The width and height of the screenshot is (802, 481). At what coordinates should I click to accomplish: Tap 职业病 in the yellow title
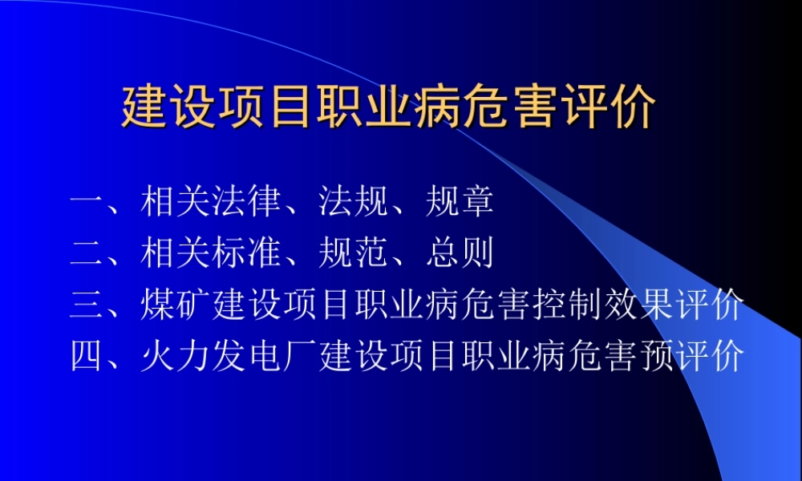389,108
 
